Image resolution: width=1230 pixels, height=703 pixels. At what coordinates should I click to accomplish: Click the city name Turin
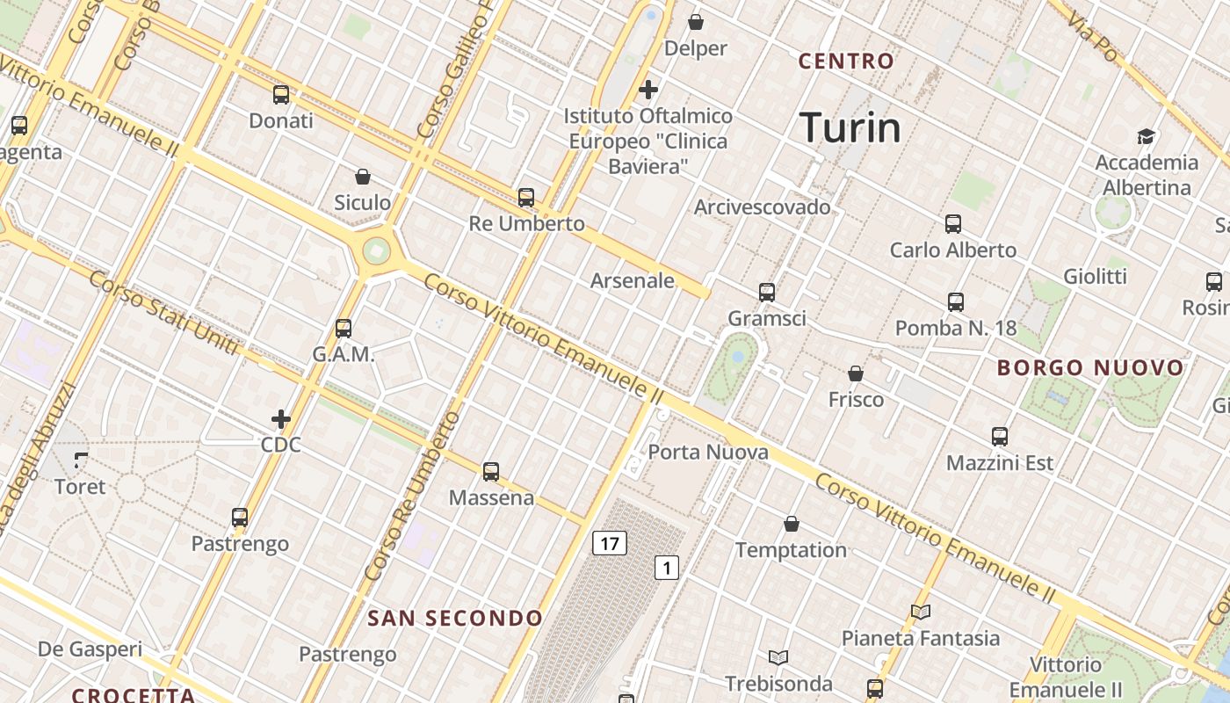(850, 128)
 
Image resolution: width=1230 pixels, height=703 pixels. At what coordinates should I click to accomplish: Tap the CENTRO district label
(846, 62)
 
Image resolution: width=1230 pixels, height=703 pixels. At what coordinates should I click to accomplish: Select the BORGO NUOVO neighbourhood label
(1090, 368)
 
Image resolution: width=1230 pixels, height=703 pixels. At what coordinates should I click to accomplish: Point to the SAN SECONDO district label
(455, 619)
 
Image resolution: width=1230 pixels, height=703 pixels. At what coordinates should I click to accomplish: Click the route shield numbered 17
(609, 543)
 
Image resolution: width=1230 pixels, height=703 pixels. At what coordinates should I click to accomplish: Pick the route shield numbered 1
(667, 568)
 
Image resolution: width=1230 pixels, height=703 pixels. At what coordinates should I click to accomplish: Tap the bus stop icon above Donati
(281, 95)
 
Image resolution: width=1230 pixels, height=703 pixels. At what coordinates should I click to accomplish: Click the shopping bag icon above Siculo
(362, 177)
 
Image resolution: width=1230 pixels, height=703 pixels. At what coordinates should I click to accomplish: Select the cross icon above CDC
(281, 419)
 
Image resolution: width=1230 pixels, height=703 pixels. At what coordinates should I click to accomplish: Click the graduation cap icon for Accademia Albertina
(1146, 136)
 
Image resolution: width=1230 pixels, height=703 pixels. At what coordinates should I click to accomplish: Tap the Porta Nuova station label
(708, 453)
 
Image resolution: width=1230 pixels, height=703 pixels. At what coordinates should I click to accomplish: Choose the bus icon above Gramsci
(767, 292)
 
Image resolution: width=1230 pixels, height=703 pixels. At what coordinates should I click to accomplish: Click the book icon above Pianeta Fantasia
(921, 612)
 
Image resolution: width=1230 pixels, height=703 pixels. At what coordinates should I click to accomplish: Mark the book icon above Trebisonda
(778, 657)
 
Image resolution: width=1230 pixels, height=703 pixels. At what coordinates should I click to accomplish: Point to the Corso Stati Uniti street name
(163, 313)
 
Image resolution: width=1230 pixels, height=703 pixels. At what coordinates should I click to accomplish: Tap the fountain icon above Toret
(81, 460)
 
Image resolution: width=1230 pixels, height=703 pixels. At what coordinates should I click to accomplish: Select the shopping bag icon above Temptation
(792, 524)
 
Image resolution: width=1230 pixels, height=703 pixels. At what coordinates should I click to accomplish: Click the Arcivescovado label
(762, 207)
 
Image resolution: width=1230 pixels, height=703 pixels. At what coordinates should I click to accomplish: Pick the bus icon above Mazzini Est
(999, 436)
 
